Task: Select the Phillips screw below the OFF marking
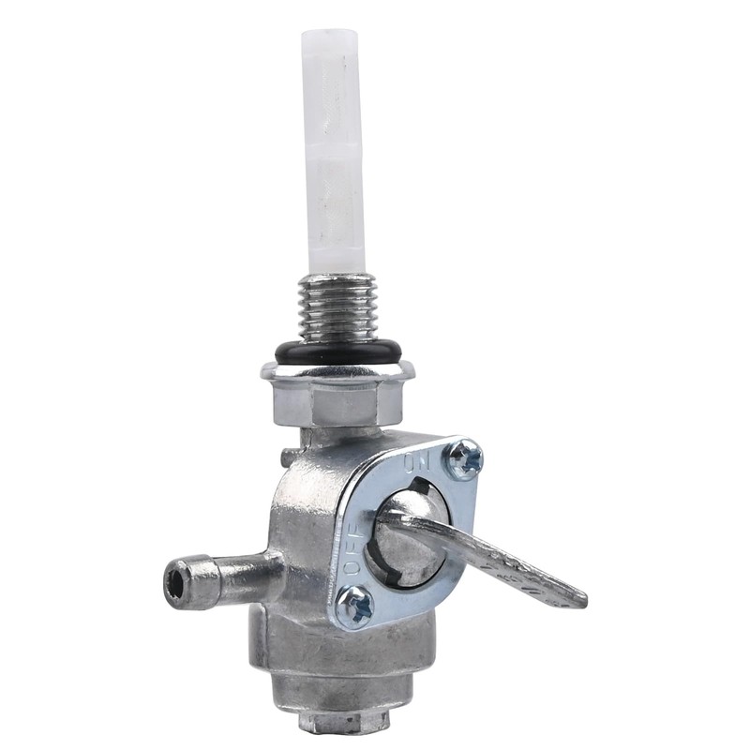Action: pyautogui.click(x=355, y=606)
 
